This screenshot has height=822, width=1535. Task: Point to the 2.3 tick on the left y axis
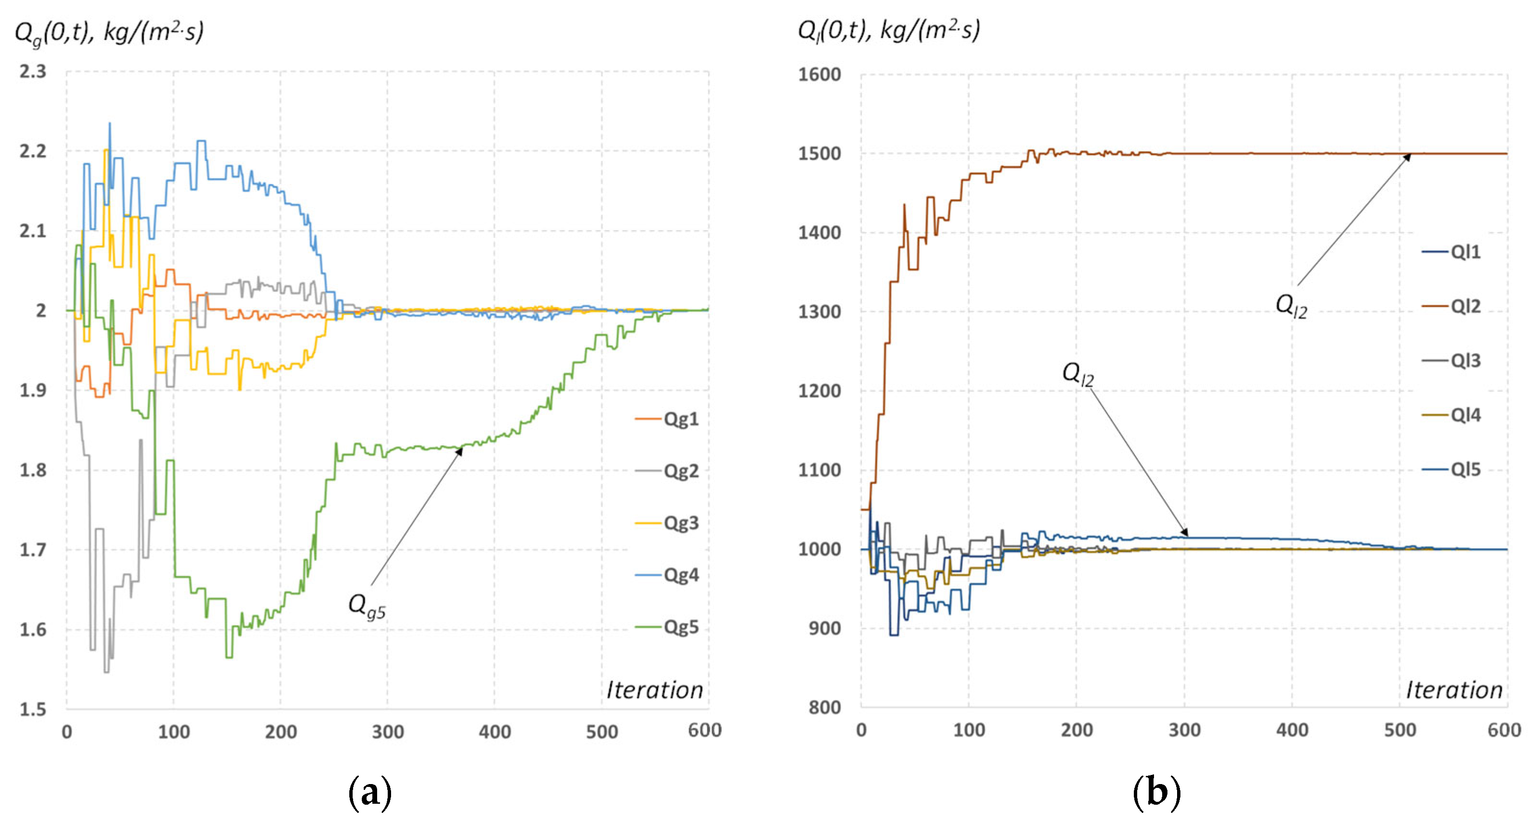click(32, 72)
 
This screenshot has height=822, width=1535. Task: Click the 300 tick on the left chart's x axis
click(388, 732)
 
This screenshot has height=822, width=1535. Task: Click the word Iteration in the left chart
click(654, 690)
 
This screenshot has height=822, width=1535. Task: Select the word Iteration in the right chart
click(1454, 690)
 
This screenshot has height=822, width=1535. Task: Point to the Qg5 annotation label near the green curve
click(367, 606)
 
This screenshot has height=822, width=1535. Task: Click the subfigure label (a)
click(369, 793)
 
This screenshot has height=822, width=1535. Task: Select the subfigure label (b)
click(1156, 793)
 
